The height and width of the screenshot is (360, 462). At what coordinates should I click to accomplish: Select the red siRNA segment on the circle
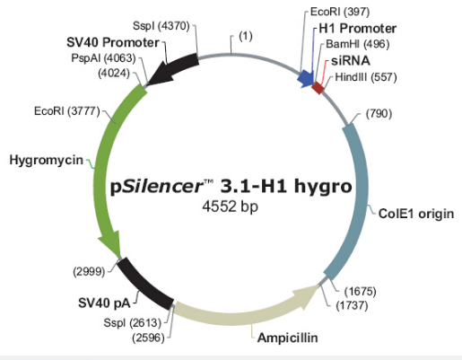point(318,88)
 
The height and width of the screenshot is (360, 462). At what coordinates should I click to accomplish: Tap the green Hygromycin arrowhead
point(110,245)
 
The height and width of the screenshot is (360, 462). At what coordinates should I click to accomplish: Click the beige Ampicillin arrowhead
point(305,295)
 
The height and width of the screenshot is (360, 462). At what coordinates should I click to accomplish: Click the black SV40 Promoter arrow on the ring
point(173,69)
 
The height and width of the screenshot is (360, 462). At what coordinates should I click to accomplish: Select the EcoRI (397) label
point(340,12)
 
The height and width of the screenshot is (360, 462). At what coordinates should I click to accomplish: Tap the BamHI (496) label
point(358,44)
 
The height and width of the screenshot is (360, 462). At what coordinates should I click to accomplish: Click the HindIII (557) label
point(366,77)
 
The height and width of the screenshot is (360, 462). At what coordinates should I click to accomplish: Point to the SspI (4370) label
point(161,26)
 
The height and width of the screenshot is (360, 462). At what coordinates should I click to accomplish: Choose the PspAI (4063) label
point(103,58)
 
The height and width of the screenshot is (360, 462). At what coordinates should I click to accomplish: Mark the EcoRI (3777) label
point(67,111)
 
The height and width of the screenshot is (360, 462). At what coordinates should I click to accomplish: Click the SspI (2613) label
point(132,323)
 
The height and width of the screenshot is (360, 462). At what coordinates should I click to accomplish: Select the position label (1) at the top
point(246,36)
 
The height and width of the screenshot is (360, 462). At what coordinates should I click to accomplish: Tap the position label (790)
point(379,114)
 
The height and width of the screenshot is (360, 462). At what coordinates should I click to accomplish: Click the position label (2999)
point(89,272)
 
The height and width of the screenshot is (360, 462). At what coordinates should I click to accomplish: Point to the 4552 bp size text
point(231,206)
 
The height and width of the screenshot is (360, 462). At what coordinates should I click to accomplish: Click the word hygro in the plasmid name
point(323,187)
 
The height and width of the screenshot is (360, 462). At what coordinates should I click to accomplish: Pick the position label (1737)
point(352,305)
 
